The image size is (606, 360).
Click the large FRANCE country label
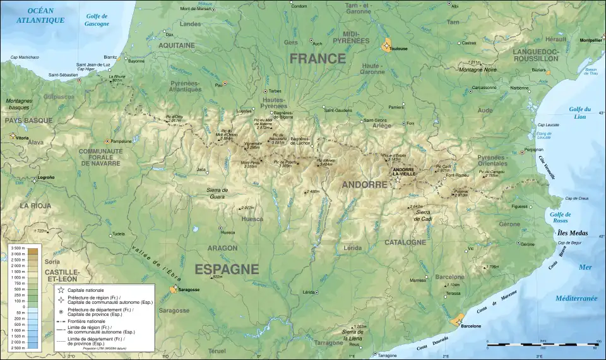318,59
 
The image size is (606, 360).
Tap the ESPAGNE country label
227,268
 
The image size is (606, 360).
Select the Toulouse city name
399,49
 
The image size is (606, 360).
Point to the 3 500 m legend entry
17,250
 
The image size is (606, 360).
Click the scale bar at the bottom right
541,344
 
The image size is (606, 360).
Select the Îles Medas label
570,233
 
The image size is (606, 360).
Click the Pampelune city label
121,141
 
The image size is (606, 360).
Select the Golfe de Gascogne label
97,20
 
